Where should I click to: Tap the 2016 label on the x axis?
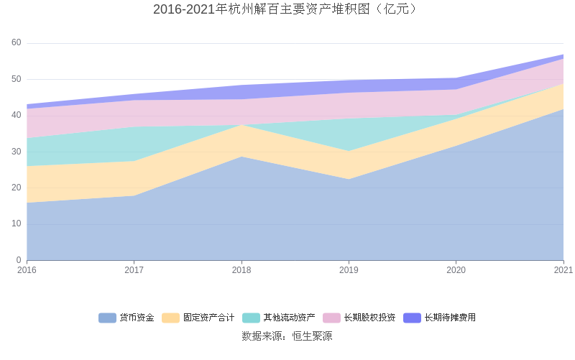27,270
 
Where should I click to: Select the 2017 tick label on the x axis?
134,270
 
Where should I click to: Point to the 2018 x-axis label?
241,270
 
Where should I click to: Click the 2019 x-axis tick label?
349,270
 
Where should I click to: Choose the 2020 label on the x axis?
456,270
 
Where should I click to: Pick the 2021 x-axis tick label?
563,270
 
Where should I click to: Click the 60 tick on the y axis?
17,43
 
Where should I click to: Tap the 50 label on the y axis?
17,79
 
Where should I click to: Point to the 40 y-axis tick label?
17,115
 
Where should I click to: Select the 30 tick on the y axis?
17,152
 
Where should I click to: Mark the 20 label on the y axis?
17,188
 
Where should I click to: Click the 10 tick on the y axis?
17,223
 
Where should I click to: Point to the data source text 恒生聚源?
287,336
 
